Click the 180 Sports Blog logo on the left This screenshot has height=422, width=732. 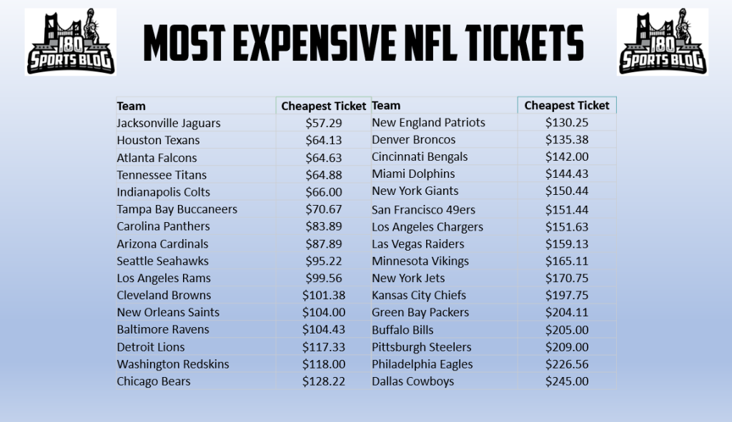(71, 42)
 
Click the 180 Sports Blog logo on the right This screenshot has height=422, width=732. (662, 42)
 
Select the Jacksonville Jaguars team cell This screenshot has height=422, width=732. (169, 124)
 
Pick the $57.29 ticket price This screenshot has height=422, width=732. (323, 124)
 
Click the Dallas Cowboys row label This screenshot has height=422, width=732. (412, 381)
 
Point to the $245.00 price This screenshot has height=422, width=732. (567, 381)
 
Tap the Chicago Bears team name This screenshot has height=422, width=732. (154, 381)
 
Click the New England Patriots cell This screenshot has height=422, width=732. (428, 123)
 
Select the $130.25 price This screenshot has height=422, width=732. (567, 123)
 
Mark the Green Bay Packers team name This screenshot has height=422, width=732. (420, 313)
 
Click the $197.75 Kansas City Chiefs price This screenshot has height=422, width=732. (567, 296)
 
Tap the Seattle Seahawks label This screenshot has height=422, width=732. (164, 261)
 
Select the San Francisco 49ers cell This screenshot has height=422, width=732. (423, 210)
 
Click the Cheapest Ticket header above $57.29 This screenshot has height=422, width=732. (323, 106)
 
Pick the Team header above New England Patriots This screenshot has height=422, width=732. (386, 106)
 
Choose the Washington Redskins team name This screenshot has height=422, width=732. (173, 364)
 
